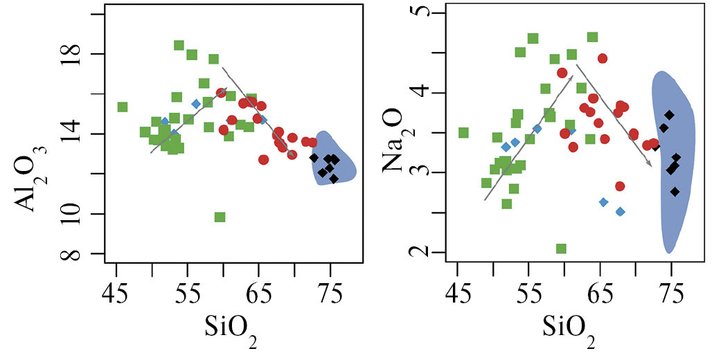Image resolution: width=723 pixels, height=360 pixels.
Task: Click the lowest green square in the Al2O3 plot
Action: [220, 217]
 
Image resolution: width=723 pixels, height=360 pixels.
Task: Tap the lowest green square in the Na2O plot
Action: [561, 249]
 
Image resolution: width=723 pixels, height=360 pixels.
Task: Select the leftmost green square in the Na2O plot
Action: [463, 132]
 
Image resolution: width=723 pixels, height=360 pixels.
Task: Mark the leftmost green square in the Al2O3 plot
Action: [122, 107]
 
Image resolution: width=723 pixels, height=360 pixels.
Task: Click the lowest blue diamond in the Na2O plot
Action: [621, 211]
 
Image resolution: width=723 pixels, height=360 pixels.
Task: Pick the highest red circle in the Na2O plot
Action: [602, 58]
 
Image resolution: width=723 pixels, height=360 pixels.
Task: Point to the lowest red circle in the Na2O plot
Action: [620, 186]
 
